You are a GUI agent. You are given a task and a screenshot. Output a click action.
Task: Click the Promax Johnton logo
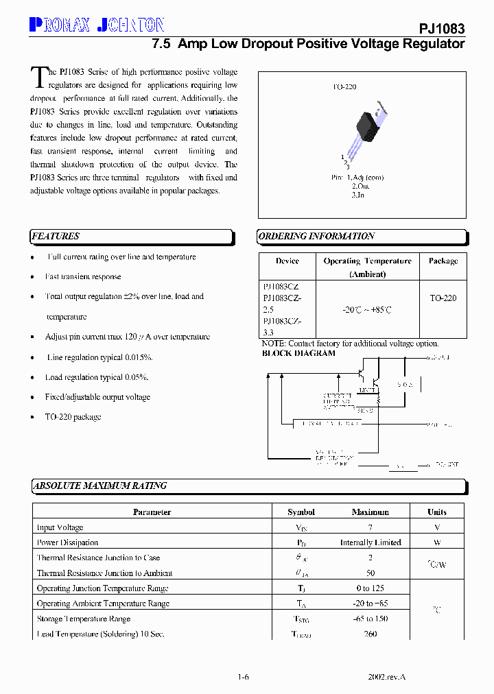(97, 26)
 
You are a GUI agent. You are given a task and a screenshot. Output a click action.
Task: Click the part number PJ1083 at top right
(442, 29)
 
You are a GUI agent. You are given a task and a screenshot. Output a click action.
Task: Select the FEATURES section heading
(56, 237)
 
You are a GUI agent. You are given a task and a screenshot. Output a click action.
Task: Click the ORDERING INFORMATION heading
(316, 237)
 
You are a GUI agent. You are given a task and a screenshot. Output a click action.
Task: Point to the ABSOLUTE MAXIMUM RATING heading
(100, 486)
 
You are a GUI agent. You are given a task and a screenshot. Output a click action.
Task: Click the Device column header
(287, 261)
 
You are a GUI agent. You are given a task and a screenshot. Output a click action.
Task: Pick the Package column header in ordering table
(443, 261)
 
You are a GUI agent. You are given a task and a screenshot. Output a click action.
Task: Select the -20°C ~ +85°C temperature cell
(367, 310)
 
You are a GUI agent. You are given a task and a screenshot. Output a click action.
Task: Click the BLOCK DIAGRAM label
(299, 354)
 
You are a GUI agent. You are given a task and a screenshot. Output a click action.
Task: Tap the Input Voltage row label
(60, 527)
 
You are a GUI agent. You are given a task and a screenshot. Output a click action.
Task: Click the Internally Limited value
(370, 542)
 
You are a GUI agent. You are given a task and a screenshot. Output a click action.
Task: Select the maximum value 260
(370, 634)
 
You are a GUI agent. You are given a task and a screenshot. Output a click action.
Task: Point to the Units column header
(437, 512)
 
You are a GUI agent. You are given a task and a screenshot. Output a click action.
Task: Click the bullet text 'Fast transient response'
(83, 277)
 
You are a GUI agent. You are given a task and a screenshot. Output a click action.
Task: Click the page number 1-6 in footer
(244, 677)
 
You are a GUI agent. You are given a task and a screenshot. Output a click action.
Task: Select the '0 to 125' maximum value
(370, 588)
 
